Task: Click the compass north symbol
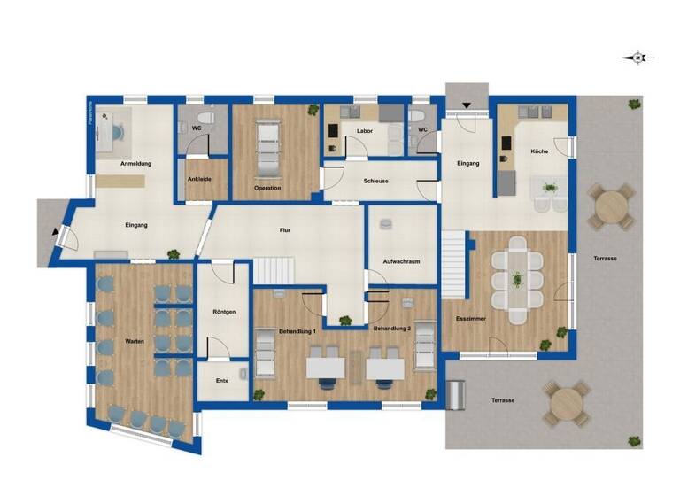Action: coord(637,58)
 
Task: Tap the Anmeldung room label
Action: coord(135,165)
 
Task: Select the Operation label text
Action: coord(267,188)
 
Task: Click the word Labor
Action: coord(364,131)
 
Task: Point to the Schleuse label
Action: coord(376,181)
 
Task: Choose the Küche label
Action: coord(539,151)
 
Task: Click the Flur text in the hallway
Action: coord(285,230)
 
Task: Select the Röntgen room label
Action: coord(224,312)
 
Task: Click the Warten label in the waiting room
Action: coord(135,340)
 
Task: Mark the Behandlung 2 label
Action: coord(392,329)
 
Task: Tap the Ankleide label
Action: coord(199,179)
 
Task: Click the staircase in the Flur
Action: coord(274,270)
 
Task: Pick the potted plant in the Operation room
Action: coord(313,111)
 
